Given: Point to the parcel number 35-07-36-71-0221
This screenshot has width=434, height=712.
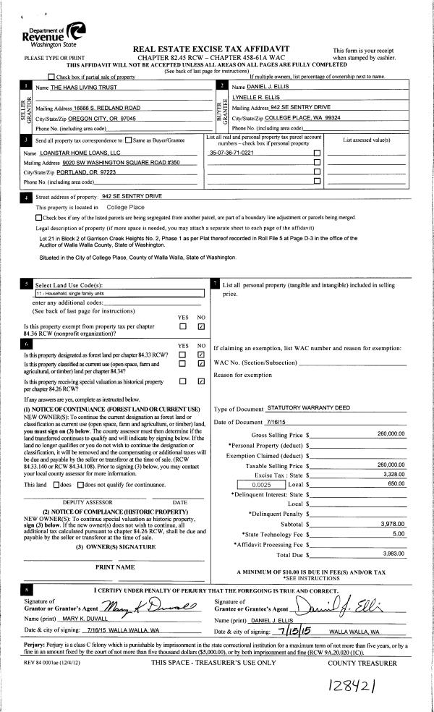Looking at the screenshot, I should click(231, 153).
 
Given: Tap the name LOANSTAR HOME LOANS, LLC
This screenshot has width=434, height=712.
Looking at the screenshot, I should click(79, 153).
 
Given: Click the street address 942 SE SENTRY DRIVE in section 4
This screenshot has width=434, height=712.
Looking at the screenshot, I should click(132, 197).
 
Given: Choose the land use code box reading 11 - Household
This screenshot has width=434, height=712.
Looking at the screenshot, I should click(120, 294).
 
